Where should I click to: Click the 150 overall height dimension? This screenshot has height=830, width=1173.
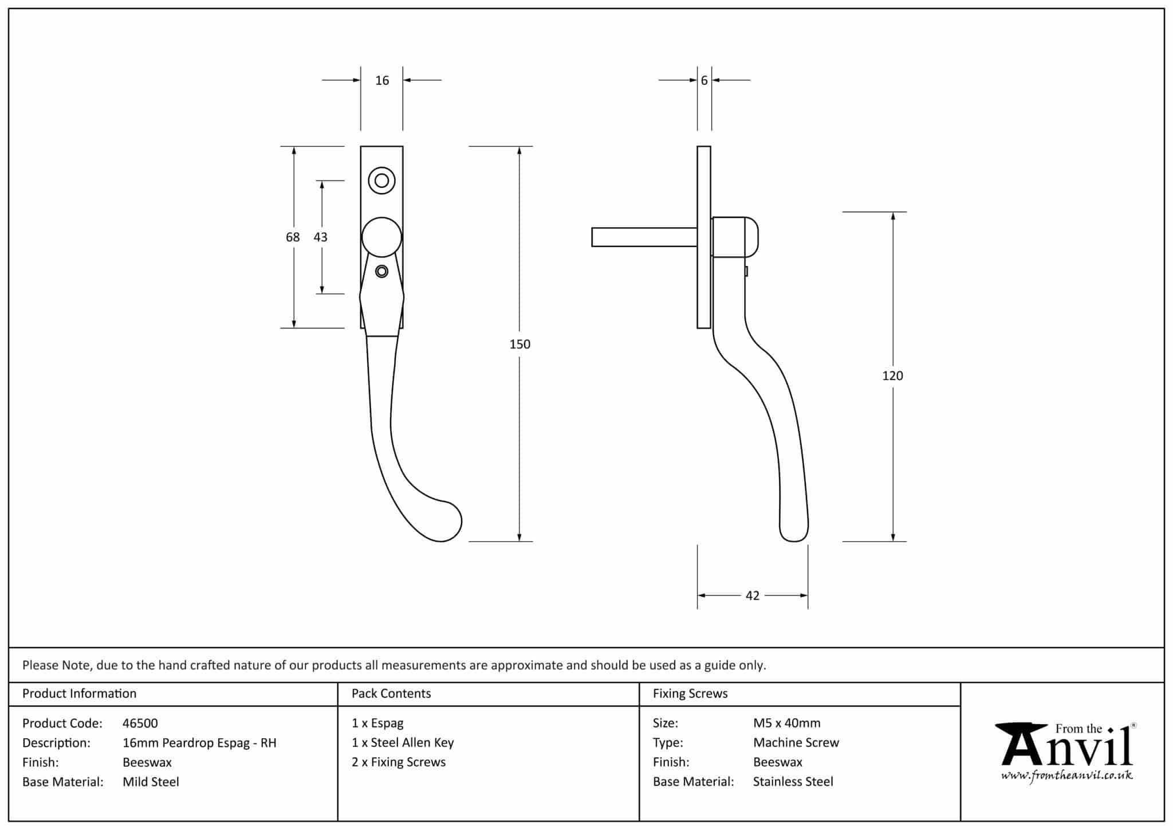pos(520,344)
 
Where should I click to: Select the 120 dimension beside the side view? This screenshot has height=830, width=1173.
pos(892,375)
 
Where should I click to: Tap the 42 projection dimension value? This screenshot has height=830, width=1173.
pos(752,596)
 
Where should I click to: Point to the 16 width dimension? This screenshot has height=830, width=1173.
pos(382,80)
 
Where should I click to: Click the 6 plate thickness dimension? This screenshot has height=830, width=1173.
pos(704,80)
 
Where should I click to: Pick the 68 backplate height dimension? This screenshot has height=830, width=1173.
pos(293,237)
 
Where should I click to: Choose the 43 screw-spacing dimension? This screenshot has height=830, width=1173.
pos(320,237)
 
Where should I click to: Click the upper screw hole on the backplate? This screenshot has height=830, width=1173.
pos(381,181)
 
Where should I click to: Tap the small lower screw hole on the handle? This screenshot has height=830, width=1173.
pos(381,271)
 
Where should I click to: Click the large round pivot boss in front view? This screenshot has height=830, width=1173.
pos(381,237)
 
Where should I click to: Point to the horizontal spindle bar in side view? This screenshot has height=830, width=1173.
pos(644,237)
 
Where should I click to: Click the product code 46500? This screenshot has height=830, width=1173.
pos(140,723)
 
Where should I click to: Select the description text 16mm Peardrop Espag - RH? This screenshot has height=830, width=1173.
pos(199,743)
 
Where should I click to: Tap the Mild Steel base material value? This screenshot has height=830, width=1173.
pos(151,782)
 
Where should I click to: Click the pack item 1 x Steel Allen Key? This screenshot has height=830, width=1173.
pos(403,742)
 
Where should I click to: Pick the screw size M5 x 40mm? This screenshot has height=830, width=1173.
pos(786,723)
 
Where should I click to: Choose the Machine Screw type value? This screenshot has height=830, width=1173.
pos(796,742)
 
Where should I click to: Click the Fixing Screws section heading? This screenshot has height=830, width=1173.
pos(690,693)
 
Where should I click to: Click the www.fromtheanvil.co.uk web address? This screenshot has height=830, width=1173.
pos(1066,776)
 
